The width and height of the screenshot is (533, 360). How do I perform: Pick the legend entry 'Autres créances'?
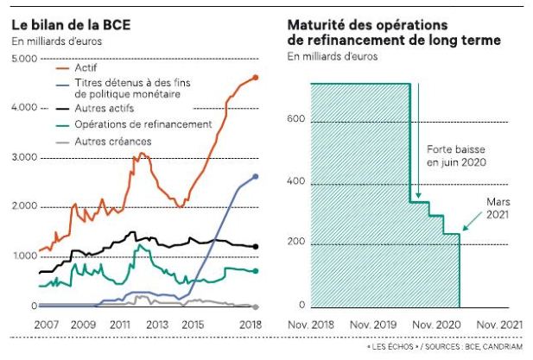click(112, 140)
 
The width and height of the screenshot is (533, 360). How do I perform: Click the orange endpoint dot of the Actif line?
click(255, 78)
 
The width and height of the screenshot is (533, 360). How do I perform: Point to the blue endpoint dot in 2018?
click(255, 176)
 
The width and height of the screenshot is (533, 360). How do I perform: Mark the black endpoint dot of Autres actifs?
click(255, 247)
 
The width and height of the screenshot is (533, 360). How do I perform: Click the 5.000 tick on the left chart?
click(25, 59)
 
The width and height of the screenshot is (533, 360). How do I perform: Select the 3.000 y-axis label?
click(25, 158)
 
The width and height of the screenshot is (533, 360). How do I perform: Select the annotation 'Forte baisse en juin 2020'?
click(457, 155)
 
